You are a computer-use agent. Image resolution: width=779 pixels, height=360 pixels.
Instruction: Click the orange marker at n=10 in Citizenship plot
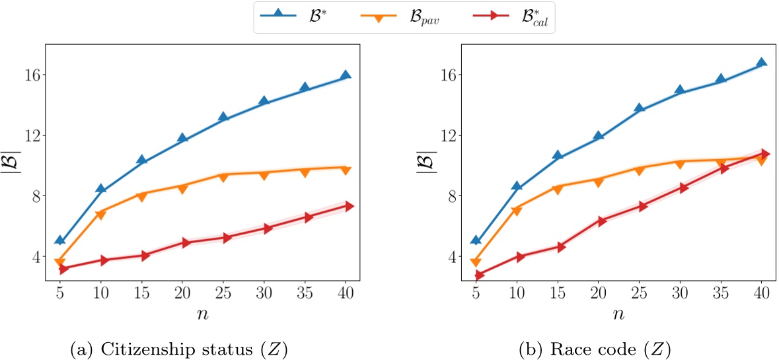click(x=101, y=214)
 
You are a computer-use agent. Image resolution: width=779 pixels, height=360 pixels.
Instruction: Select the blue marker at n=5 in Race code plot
click(x=476, y=240)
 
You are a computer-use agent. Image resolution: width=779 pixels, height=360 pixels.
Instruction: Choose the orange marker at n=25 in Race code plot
click(x=639, y=170)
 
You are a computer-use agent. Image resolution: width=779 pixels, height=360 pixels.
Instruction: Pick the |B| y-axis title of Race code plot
click(x=425, y=166)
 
